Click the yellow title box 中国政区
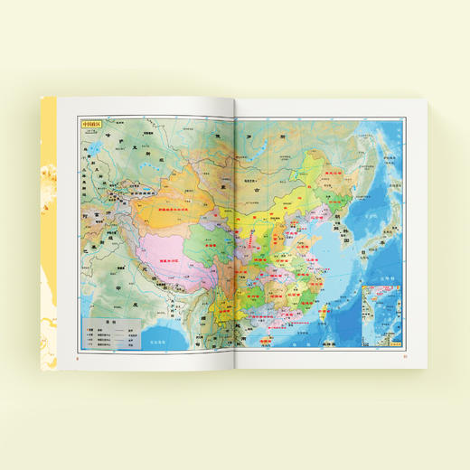click(x=93, y=127)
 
